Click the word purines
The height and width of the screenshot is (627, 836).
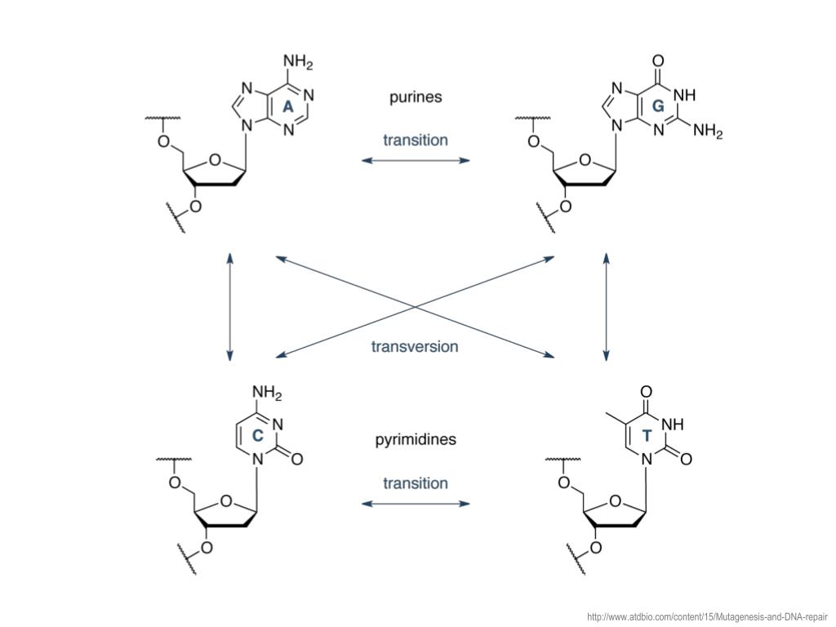[416, 97]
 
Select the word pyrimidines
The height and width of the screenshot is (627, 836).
[416, 440]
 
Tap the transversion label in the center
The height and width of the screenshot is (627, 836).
[415, 347]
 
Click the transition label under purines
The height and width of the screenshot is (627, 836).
[416, 140]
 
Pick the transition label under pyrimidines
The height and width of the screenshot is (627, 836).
[416, 482]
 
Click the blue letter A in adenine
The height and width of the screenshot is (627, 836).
[287, 107]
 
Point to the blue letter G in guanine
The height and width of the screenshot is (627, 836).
[658, 107]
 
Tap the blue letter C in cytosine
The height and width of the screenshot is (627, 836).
[257, 436]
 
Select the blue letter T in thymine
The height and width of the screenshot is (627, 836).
[647, 436]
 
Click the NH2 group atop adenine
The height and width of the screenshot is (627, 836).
[298, 62]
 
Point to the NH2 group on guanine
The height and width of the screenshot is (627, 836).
[708, 131]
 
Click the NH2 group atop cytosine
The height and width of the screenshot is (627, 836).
[265, 395]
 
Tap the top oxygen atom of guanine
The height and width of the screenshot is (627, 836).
[658, 60]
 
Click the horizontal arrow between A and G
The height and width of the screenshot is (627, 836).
[416, 161]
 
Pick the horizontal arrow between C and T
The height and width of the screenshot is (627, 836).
[416, 504]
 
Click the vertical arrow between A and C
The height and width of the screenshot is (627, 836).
[230, 306]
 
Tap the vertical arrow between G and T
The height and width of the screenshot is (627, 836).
[606, 306]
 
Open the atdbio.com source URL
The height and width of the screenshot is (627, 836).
[707, 617]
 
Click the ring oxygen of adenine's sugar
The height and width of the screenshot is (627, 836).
[214, 159]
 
